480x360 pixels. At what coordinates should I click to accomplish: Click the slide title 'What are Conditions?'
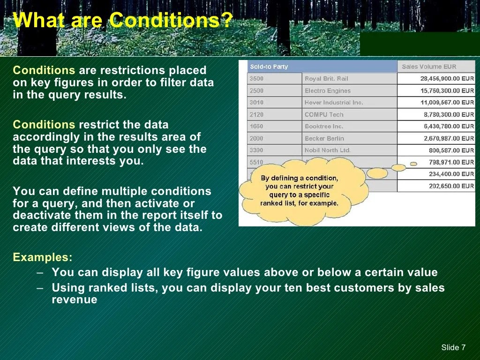click(x=123, y=21)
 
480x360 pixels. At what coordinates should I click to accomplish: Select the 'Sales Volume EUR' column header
click(x=428, y=67)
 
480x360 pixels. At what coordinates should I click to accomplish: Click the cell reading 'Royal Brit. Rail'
click(x=326, y=79)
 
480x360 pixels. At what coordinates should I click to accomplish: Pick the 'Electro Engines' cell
click(x=327, y=90)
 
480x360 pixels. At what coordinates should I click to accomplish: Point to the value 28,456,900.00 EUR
click(x=447, y=79)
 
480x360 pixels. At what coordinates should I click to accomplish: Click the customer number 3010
click(x=256, y=102)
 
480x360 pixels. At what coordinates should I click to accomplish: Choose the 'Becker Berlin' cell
click(x=324, y=138)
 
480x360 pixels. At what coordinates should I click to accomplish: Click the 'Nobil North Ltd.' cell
click(x=327, y=150)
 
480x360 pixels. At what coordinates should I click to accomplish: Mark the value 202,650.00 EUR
click(x=451, y=186)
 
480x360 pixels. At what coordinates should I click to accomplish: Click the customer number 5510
click(x=256, y=162)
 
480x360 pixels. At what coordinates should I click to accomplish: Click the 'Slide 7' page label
click(x=453, y=347)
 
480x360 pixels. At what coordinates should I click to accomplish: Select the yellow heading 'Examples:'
click(x=43, y=257)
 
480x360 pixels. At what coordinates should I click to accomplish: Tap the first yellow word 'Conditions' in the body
click(x=44, y=70)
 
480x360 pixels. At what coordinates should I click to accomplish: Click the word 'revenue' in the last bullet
click(x=74, y=300)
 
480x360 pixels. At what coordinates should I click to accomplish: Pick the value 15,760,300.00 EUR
click(x=447, y=90)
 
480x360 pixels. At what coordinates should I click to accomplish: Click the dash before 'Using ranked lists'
click(x=40, y=288)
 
